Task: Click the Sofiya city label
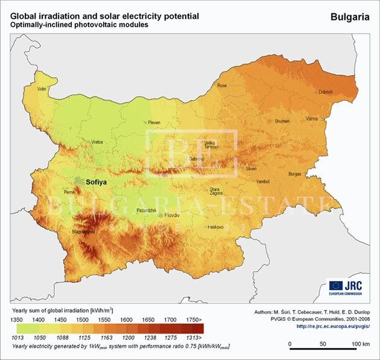[x=97, y=181]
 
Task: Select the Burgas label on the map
[x=294, y=174]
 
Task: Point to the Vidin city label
[x=42, y=89]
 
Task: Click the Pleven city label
[x=154, y=122]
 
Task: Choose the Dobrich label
[x=325, y=92]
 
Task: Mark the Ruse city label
[x=222, y=86]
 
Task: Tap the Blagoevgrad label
[x=83, y=231]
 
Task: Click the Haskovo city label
[x=215, y=227]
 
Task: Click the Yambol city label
[x=263, y=181]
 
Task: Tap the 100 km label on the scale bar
[x=361, y=343]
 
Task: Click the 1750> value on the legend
[x=194, y=318]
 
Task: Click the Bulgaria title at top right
[x=350, y=17]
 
